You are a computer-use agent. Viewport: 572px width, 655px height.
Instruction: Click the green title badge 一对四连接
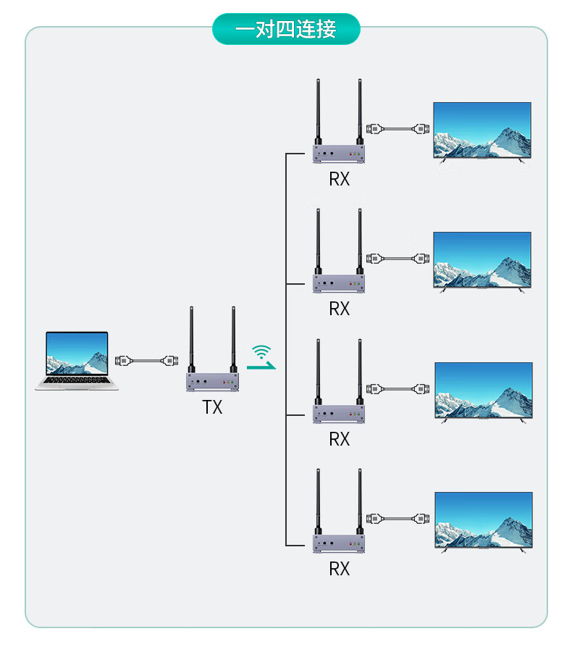pyautogui.click(x=286, y=29)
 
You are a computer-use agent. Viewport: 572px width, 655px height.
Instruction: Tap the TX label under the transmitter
pyautogui.click(x=212, y=407)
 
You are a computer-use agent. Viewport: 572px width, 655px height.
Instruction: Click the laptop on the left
pyautogui.click(x=77, y=361)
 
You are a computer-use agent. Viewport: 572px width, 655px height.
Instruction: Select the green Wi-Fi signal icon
pyautogui.click(x=261, y=351)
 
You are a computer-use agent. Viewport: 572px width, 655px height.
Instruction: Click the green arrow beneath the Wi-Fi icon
pyautogui.click(x=261, y=366)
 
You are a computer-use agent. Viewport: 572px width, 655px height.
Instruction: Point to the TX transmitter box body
pyautogui.click(x=213, y=382)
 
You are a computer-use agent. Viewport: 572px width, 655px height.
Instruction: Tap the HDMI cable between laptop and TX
pyautogui.click(x=146, y=361)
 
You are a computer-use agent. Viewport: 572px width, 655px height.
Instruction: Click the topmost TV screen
pyautogui.click(x=482, y=130)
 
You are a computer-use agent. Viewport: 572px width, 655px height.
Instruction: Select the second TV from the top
pyautogui.click(x=482, y=260)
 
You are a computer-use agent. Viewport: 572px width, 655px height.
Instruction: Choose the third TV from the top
pyautogui.click(x=484, y=390)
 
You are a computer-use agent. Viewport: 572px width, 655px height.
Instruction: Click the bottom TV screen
pyautogui.click(x=484, y=520)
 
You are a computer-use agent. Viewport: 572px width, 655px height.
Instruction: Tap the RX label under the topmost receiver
pyautogui.click(x=339, y=179)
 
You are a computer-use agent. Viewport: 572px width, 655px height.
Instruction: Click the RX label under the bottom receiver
pyautogui.click(x=339, y=569)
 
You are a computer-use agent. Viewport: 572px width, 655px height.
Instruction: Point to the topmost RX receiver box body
pyautogui.click(x=339, y=154)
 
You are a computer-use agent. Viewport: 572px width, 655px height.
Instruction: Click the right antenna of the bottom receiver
pyautogui.click(x=360, y=501)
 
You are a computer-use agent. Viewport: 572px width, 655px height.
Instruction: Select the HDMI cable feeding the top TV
pyautogui.click(x=398, y=129)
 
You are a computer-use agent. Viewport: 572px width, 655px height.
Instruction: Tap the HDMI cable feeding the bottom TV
pyautogui.click(x=398, y=518)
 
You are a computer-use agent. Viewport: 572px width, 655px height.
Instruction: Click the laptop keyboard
pyautogui.click(x=77, y=380)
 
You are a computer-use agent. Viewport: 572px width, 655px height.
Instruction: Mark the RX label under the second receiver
pyautogui.click(x=339, y=309)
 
